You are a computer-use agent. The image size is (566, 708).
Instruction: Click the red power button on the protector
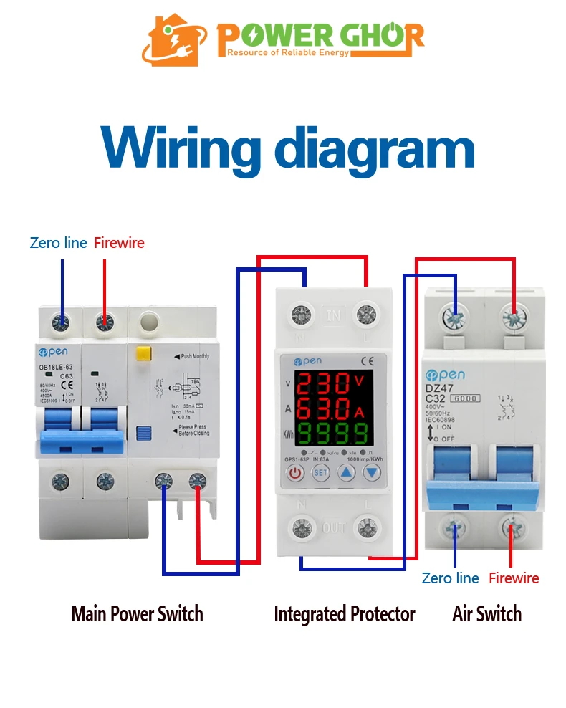(x=295, y=472)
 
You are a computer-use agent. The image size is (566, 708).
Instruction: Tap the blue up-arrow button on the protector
(x=346, y=472)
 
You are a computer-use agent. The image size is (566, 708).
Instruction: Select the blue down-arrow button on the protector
(x=371, y=472)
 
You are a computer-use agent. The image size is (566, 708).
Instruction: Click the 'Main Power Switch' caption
(x=137, y=614)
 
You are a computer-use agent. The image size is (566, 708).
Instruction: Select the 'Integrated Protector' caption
(x=345, y=614)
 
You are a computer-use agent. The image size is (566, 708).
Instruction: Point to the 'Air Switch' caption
(x=487, y=614)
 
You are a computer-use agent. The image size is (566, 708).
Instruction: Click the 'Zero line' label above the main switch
(x=59, y=243)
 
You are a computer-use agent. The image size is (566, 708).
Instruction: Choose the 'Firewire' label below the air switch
(x=514, y=578)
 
